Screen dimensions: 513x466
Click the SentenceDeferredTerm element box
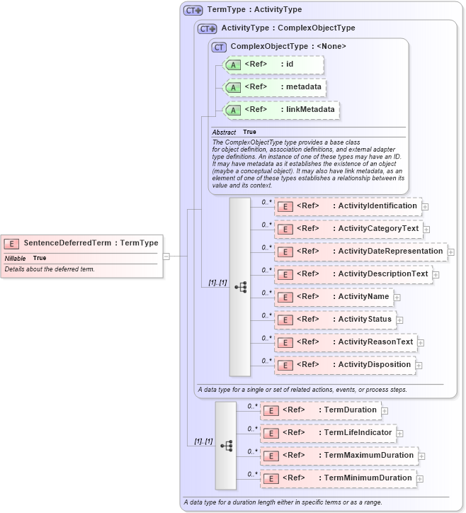pyautogui.click(x=81, y=242)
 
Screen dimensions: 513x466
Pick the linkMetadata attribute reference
pyautogui.click(x=281, y=110)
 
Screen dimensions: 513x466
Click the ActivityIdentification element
pyautogui.click(x=348, y=206)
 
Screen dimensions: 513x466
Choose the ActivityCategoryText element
pyautogui.click(x=348, y=229)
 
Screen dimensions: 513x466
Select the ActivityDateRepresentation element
pyautogui.click(x=360, y=252)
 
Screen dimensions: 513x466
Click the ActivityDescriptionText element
pyautogui.click(x=353, y=274)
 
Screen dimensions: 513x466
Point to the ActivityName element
pyautogui.click(x=334, y=297)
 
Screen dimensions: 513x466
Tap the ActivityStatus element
pyautogui.click(x=335, y=320)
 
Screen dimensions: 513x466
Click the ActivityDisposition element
pyautogui.click(x=345, y=365)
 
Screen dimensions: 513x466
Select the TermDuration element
pyautogui.click(x=321, y=410)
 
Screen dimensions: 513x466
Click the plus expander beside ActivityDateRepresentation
pyautogui.click(x=451, y=252)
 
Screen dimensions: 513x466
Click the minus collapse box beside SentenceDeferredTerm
pyautogui.click(x=166, y=256)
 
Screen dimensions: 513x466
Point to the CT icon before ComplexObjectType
pyautogui.click(x=219, y=47)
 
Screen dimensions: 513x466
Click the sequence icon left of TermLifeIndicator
pyautogui.click(x=226, y=446)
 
